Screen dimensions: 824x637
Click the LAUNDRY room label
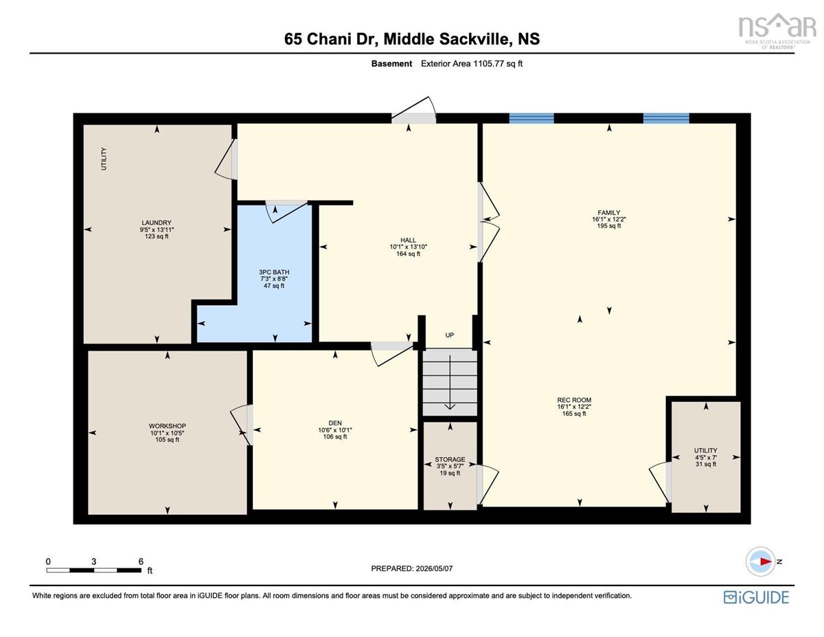pyautogui.click(x=157, y=223)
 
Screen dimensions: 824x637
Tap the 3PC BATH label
pyautogui.click(x=274, y=272)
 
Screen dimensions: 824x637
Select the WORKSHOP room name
pyautogui.click(x=168, y=426)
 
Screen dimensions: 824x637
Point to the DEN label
pyautogui.click(x=335, y=423)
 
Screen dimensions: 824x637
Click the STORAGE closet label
pyautogui.click(x=450, y=460)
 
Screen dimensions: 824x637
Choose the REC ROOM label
pyautogui.click(x=574, y=400)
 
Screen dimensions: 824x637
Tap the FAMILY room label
pyautogui.click(x=609, y=213)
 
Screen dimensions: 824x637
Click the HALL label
pyautogui.click(x=409, y=240)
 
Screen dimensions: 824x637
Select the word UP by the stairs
pyautogui.click(x=449, y=335)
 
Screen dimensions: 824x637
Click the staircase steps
pyautogui.click(x=450, y=383)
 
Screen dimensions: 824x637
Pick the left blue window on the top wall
pyautogui.click(x=531, y=118)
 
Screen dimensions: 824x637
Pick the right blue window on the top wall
pyautogui.click(x=666, y=118)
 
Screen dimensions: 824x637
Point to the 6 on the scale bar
pyautogui.click(x=141, y=561)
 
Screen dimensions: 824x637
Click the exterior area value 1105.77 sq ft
pyautogui.click(x=498, y=63)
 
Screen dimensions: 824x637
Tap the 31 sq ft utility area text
pyautogui.click(x=706, y=464)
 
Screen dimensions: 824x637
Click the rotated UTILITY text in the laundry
pyautogui.click(x=104, y=159)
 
